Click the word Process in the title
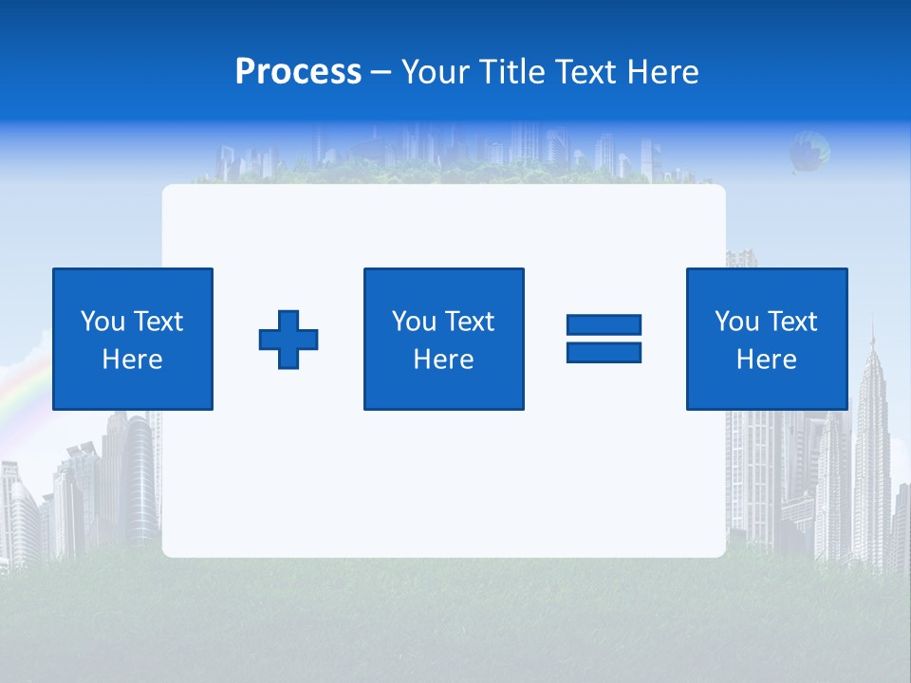[x=298, y=72]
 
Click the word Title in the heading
[x=511, y=72]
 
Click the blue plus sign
[x=288, y=340]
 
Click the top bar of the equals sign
[x=604, y=324]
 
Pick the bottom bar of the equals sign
[x=604, y=352]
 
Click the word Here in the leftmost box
[x=132, y=360]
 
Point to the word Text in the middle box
[x=469, y=322]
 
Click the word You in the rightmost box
[x=736, y=322]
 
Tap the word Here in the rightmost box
[x=766, y=360]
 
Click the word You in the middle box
[x=414, y=322]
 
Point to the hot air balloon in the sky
[x=809, y=150]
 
